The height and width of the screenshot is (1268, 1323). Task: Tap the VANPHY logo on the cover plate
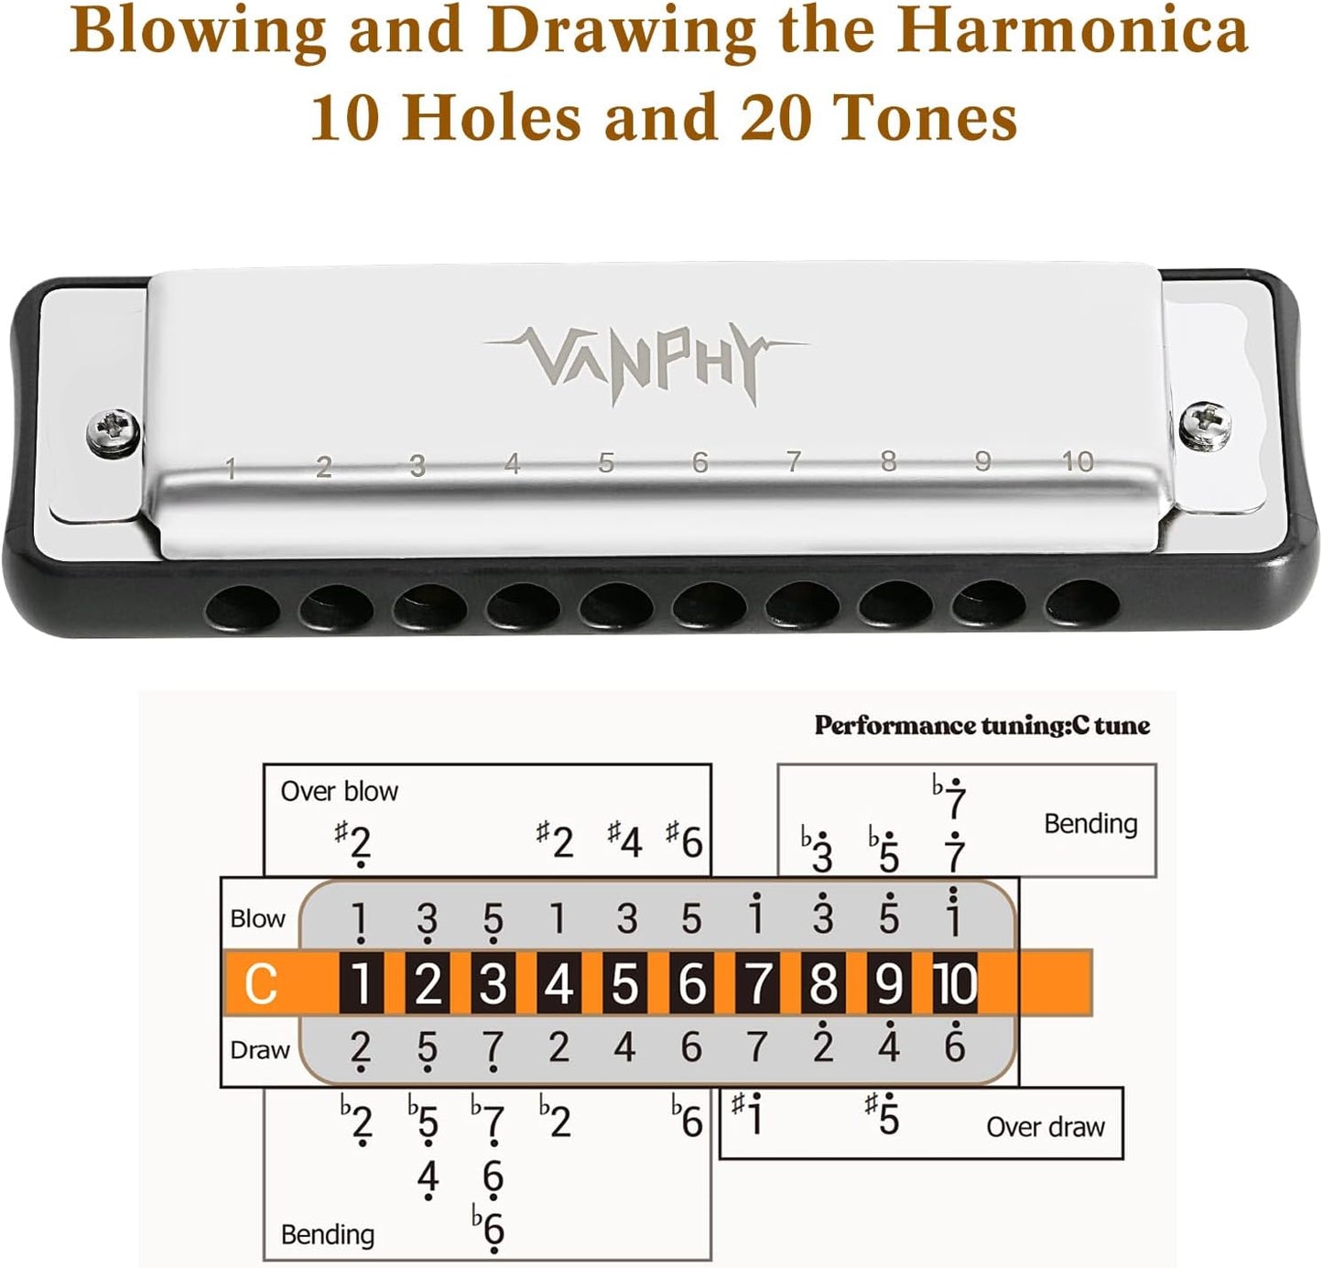click(645, 361)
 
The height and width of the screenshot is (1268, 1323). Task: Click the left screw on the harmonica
click(114, 430)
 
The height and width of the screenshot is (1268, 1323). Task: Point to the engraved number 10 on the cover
click(1078, 461)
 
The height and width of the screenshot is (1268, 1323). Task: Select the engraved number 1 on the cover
click(231, 470)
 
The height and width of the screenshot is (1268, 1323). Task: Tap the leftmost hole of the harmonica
click(243, 609)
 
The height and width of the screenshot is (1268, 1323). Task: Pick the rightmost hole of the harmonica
click(1082, 605)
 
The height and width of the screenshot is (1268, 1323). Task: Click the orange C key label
click(261, 984)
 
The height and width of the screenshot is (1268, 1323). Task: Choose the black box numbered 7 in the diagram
click(757, 984)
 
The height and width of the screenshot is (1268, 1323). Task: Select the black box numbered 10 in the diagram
click(955, 984)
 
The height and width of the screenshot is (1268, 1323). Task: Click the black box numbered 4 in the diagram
click(558, 984)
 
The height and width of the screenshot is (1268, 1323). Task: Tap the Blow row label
click(257, 918)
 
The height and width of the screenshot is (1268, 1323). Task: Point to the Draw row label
click(259, 1050)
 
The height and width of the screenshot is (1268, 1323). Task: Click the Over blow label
click(339, 791)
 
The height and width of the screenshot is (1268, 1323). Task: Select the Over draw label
click(1045, 1127)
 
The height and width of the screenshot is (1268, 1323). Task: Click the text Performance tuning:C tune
click(981, 726)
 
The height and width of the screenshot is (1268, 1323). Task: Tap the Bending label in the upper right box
click(1090, 824)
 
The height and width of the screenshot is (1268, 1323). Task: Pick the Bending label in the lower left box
click(327, 1235)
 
